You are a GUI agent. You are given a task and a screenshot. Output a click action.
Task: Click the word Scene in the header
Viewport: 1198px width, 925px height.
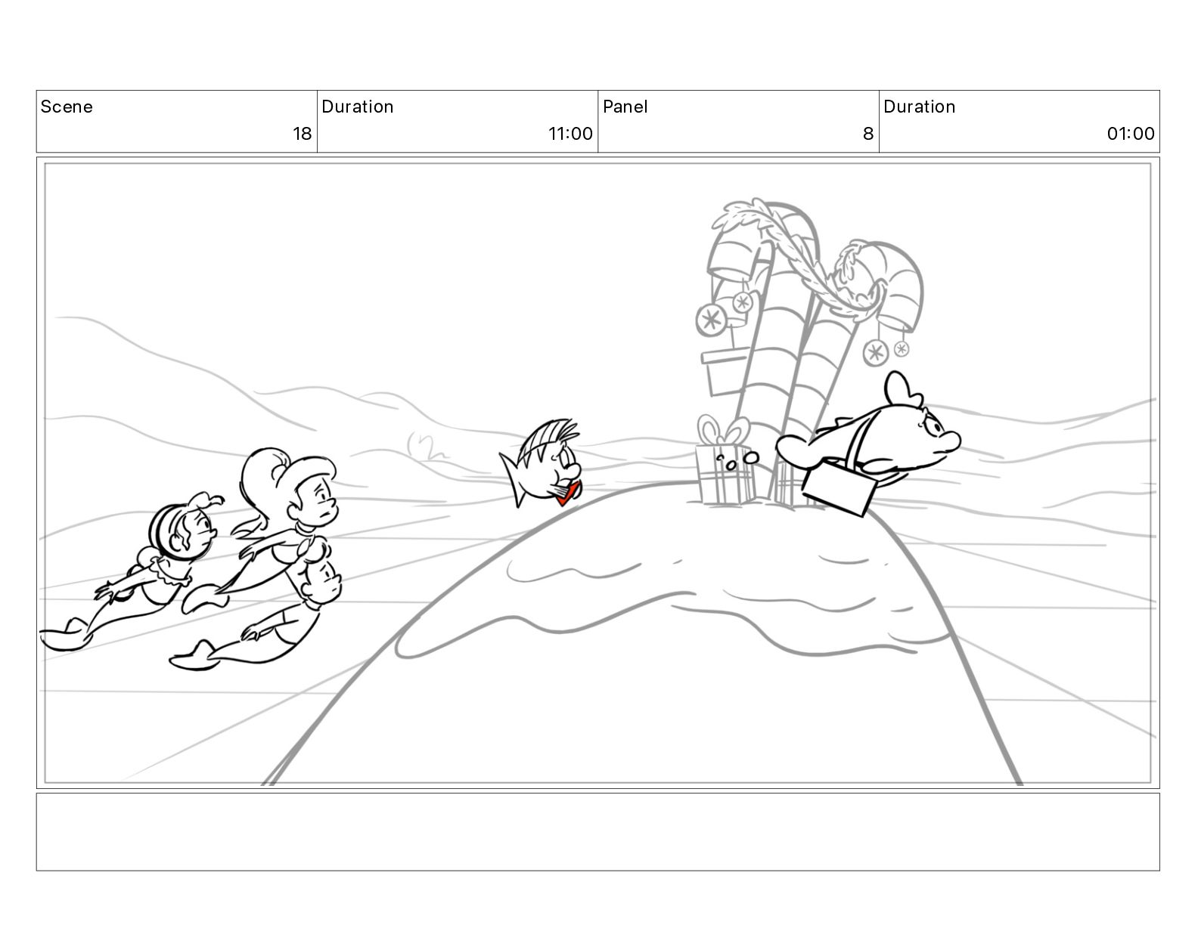point(66,107)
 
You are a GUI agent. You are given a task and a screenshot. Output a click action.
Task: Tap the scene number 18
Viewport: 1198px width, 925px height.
point(302,133)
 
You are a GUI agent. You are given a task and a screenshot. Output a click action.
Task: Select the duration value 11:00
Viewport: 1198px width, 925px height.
point(570,133)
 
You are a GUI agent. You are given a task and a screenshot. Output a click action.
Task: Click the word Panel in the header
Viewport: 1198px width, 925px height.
point(625,107)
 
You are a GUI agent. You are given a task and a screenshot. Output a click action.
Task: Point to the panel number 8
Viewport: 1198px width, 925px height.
point(867,133)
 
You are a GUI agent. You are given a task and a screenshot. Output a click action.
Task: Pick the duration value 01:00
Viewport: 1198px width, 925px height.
point(1130,133)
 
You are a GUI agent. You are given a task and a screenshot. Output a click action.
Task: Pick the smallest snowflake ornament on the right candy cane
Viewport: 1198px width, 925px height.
point(902,348)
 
